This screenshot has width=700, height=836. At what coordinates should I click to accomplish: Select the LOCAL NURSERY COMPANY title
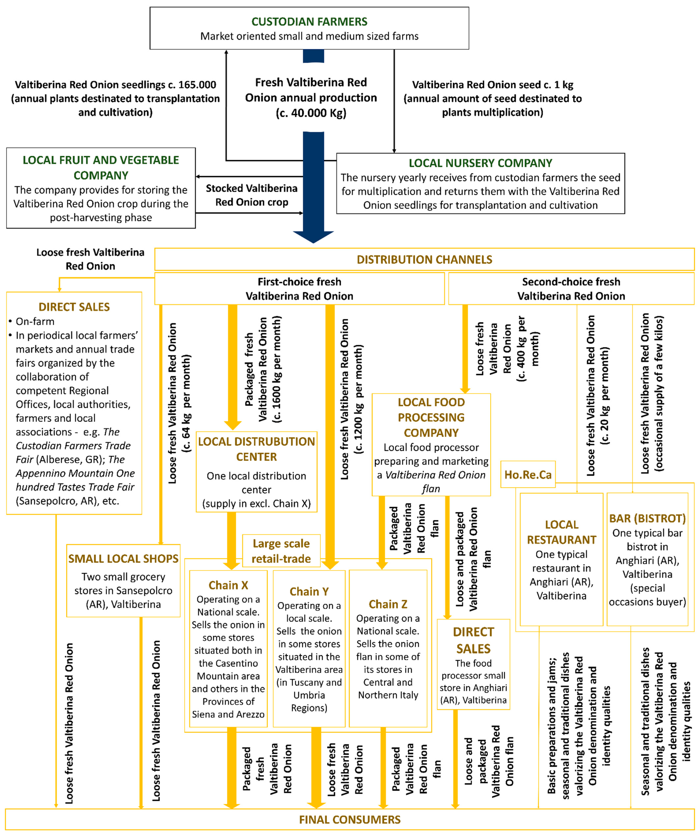[480, 163]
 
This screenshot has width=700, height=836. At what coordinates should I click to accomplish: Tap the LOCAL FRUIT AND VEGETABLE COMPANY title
[101, 168]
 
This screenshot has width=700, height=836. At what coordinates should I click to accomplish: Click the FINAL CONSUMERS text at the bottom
[350, 820]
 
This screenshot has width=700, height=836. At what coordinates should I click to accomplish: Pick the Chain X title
[228, 585]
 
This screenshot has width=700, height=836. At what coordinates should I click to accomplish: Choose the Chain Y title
[309, 592]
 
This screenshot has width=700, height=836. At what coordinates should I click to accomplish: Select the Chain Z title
[388, 604]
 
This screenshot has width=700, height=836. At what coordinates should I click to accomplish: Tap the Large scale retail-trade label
[281, 551]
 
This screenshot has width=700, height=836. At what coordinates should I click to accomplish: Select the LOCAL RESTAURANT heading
[561, 532]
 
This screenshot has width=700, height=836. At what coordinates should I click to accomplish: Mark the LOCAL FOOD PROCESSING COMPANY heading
[431, 417]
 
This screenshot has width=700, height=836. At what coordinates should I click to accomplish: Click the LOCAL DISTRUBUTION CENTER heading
[256, 449]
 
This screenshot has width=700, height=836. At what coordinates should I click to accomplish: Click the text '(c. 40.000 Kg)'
[311, 113]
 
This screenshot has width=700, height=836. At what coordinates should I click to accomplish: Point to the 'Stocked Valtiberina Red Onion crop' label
[252, 195]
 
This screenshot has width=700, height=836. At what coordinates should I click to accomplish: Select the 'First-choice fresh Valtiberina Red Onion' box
[299, 289]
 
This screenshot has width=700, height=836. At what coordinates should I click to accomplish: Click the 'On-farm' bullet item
[35, 321]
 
